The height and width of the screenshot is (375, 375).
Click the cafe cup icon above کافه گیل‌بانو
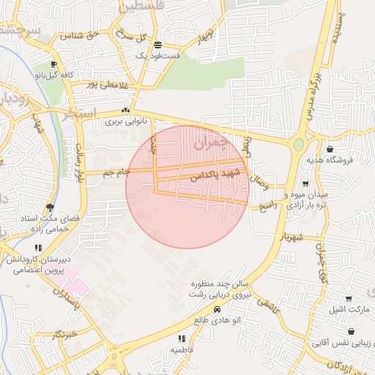click(53, 64)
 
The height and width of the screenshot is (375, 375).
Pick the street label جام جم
click(117, 172)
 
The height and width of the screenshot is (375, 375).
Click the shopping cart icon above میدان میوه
click(305, 184)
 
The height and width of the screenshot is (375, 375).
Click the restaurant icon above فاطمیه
click(182, 338)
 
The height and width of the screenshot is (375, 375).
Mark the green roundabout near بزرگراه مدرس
click(298, 144)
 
